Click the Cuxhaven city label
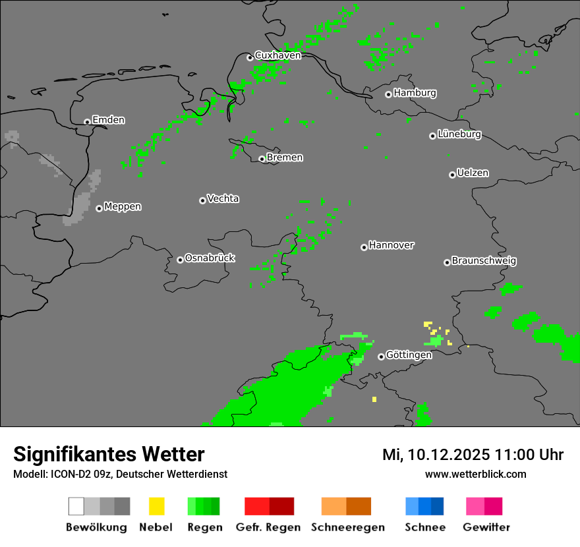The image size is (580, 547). (277, 55)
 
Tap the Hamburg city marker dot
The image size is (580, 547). (388, 94)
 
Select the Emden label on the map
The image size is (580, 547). (108, 120)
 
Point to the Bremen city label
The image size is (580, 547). (285, 158)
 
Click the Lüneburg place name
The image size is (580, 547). (459, 134)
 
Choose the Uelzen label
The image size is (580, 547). (473, 173)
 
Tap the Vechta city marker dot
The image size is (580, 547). (202, 200)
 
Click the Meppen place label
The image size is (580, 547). (123, 207)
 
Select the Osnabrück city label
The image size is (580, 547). (210, 258)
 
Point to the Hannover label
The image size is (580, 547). (391, 245)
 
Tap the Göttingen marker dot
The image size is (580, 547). (381, 357)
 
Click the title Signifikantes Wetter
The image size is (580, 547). (109, 454)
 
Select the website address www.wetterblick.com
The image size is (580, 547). (475, 474)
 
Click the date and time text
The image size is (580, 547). (473, 455)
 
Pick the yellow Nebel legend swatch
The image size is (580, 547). (156, 506)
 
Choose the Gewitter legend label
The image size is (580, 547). (486, 527)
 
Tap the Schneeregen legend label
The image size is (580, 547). (348, 527)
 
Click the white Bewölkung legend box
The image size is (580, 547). (76, 506)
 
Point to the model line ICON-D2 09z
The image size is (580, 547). (120, 474)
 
